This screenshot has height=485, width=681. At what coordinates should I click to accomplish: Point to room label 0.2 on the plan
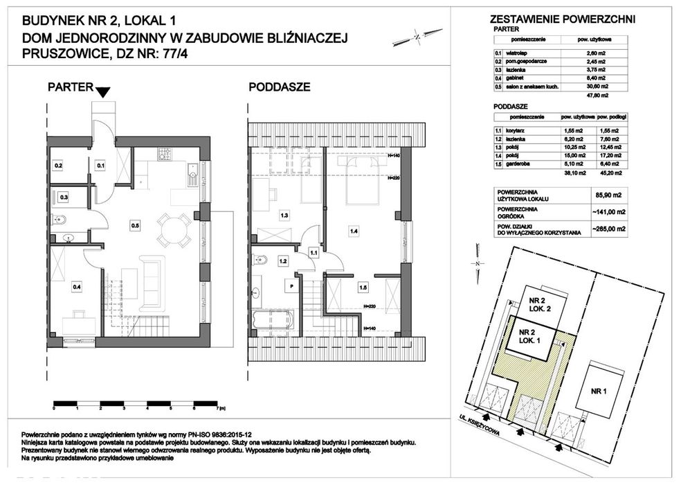[59, 166]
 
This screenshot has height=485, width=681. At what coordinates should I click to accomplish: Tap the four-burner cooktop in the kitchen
[165, 153]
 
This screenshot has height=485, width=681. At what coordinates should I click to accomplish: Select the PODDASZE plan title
[279, 87]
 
